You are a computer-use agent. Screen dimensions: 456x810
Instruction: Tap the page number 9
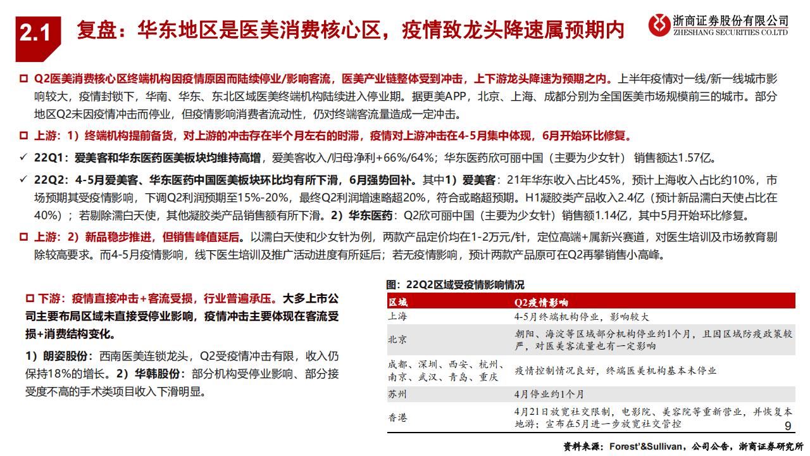[788, 426]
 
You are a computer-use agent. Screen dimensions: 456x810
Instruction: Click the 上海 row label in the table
[398, 317]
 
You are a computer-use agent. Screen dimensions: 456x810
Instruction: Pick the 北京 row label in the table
[398, 339]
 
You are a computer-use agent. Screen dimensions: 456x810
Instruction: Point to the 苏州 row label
[398, 394]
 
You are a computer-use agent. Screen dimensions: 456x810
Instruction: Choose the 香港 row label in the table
[398, 417]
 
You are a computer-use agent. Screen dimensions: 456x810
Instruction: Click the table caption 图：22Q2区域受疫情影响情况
[455, 285]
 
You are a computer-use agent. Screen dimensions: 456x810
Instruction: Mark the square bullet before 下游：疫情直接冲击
[28, 298]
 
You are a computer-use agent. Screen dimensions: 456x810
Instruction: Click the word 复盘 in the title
[94, 30]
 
